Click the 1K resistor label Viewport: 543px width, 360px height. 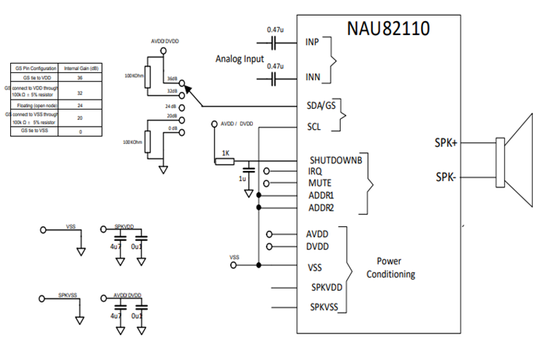tap(226, 153)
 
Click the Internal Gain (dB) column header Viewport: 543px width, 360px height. tap(80, 68)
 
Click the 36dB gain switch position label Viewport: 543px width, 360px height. tap(172, 80)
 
